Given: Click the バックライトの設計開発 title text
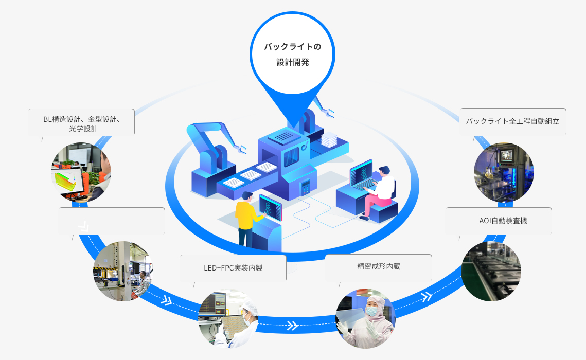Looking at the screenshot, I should pyautogui.click(x=292, y=55).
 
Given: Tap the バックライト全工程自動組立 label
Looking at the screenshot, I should pyautogui.click(x=512, y=121).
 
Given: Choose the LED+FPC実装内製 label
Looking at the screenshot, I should pyautogui.click(x=233, y=268).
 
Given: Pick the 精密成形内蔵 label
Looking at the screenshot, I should pyautogui.click(x=378, y=267).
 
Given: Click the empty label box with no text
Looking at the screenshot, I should pyautogui.click(x=112, y=221).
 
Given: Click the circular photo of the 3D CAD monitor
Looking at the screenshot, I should pyautogui.click(x=81, y=172).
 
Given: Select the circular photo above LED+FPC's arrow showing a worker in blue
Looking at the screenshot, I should pyautogui.click(x=228, y=319).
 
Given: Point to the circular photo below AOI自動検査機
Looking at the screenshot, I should pyautogui.click(x=491, y=271).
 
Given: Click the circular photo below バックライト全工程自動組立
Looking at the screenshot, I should pyautogui.click(x=503, y=172).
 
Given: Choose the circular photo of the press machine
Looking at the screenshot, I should pyautogui.click(x=122, y=271).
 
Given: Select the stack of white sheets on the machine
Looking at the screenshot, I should pyautogui.click(x=328, y=139).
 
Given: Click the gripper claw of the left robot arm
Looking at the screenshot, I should pyautogui.click(x=239, y=149).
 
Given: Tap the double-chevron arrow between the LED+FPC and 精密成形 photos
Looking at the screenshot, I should pyautogui.click(x=292, y=326).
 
